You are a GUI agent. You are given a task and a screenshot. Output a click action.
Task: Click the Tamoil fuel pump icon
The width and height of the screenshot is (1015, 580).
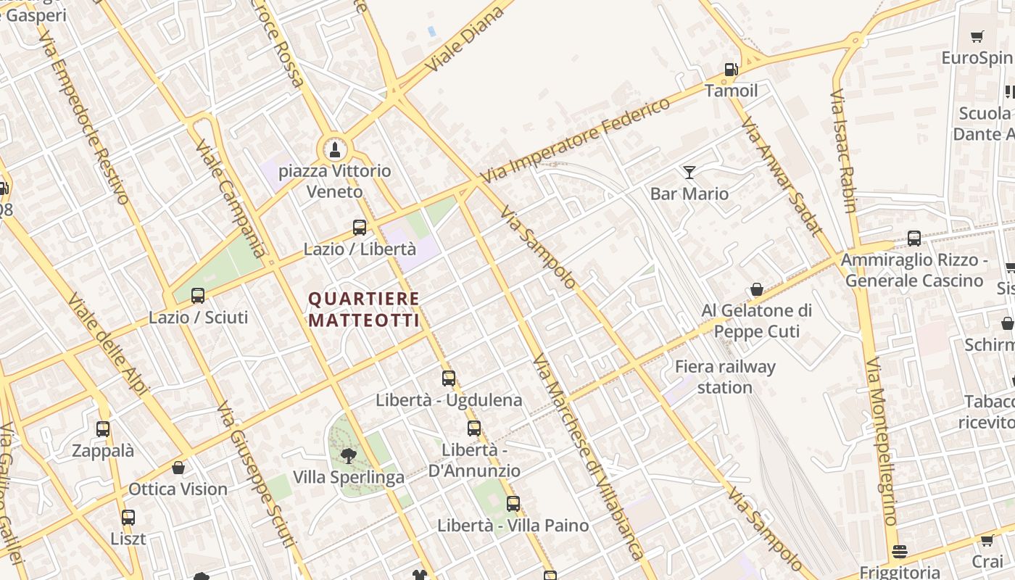point(731,70)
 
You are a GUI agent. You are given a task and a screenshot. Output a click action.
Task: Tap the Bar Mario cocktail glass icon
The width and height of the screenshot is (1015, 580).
point(689,173)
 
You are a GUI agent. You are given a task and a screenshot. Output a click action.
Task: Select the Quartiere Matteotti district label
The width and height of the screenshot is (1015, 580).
point(364,310)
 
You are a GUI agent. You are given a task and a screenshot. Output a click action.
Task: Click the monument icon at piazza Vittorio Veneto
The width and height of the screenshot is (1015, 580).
point(335,150)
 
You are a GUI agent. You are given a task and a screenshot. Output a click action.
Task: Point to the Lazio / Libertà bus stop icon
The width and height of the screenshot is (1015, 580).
point(360,228)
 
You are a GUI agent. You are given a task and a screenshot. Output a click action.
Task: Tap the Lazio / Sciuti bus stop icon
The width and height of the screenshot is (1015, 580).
point(198,296)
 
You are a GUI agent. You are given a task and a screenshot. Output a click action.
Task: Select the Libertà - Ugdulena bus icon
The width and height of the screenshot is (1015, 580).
point(449,378)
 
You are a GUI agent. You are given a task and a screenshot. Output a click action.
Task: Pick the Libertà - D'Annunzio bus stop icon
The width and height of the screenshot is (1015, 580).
point(474,428)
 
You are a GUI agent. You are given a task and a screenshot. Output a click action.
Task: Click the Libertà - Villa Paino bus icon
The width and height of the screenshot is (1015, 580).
point(513,503)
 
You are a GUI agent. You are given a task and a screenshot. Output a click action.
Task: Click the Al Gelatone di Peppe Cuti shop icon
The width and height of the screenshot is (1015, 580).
point(757,290)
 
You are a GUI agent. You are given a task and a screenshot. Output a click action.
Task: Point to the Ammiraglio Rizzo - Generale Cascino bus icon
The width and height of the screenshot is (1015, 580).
point(914,239)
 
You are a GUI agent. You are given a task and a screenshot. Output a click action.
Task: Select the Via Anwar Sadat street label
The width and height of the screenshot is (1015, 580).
point(782,177)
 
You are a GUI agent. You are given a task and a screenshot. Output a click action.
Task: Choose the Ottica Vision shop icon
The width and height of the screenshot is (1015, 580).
point(178,468)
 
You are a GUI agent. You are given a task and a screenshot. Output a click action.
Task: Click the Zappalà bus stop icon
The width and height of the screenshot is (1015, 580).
point(103,429)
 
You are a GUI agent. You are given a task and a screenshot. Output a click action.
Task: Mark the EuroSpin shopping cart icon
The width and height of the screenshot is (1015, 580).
point(977,37)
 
